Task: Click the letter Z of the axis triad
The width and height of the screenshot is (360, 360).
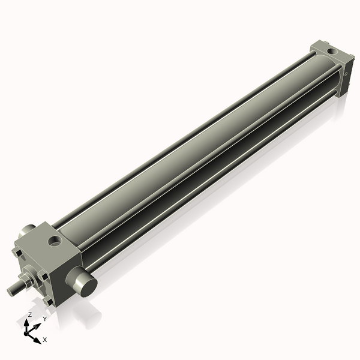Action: (29, 314)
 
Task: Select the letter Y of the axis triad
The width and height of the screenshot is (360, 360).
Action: (44, 319)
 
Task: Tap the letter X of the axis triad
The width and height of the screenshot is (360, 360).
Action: (45, 340)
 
